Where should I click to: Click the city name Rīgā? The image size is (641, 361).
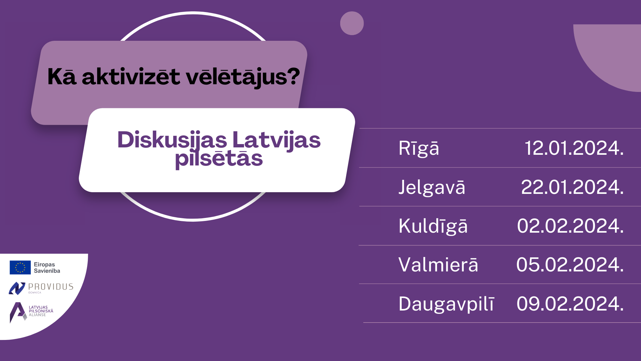(419, 148)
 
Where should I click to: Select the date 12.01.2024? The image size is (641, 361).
(574, 148)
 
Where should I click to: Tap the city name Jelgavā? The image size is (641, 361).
(432, 187)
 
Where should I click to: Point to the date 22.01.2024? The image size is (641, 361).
(572, 187)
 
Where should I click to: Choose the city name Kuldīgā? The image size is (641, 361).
(433, 226)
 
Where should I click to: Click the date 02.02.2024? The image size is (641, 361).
(570, 226)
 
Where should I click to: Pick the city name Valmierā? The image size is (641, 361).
(438, 265)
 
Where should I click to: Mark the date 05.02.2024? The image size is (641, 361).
(570, 265)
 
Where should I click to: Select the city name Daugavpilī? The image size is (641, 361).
(446, 304)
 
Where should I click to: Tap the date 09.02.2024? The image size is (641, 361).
(570, 304)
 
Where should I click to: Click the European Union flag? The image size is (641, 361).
(20, 267)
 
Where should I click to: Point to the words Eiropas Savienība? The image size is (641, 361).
(47, 268)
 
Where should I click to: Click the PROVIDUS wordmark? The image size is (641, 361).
(51, 287)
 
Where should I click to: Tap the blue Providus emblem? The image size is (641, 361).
(17, 288)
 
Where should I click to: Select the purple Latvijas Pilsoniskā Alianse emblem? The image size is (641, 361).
(18, 313)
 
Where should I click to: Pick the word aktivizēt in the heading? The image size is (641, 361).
(131, 77)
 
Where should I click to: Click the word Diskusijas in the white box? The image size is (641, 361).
(172, 140)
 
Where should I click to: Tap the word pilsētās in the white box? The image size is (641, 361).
(219, 158)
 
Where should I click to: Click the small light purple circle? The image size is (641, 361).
(352, 23)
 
